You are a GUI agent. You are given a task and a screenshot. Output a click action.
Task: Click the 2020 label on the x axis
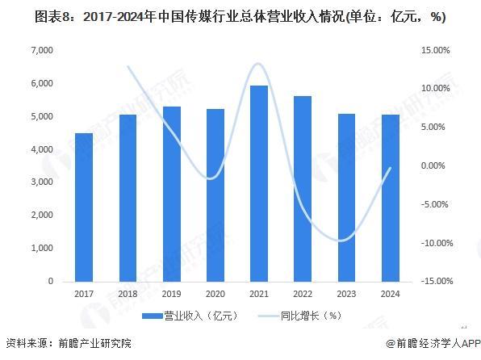pos(215,293)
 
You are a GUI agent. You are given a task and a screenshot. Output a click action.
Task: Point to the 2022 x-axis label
pos(302,293)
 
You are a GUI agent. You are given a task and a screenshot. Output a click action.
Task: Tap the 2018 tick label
pos(128,293)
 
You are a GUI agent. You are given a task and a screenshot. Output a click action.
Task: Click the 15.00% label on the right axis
pos(436,50)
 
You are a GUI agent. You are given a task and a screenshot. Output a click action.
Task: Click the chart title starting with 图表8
pos(240,16)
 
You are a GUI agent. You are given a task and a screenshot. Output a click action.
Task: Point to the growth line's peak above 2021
pos(257,64)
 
